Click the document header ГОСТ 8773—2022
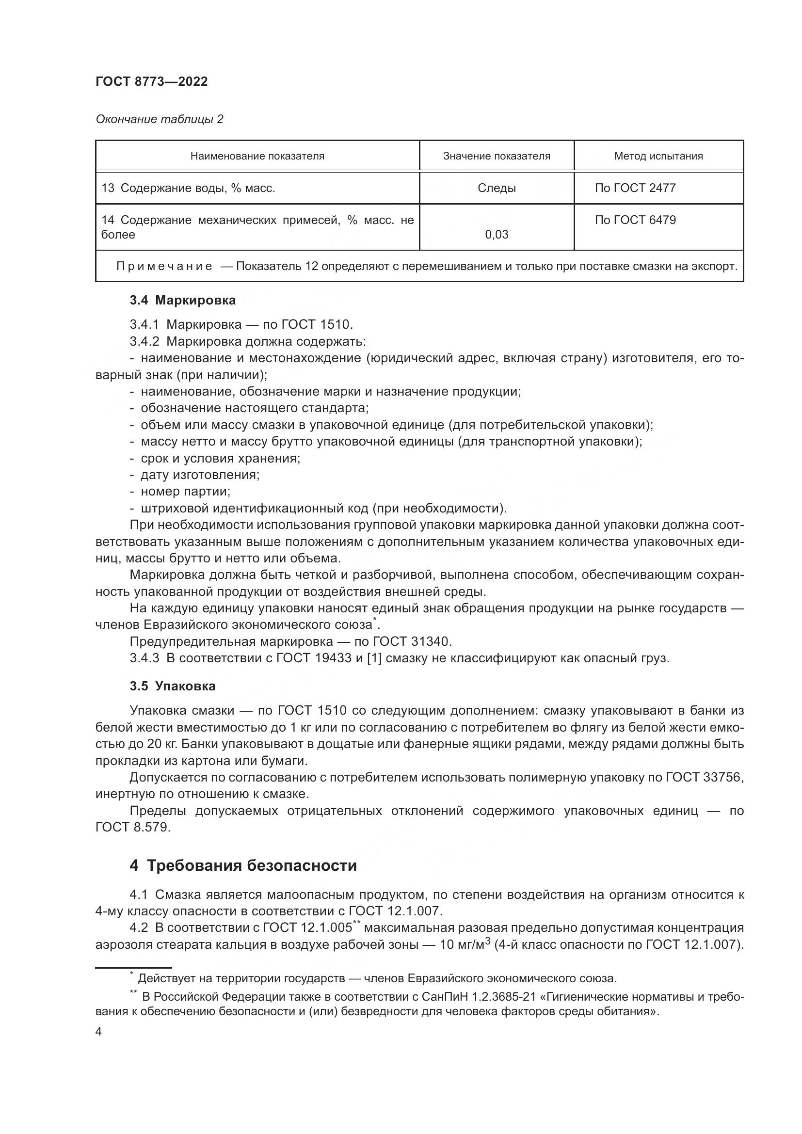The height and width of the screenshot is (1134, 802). [151, 82]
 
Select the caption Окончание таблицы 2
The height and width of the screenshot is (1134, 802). [159, 119]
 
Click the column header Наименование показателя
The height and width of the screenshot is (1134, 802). [257, 156]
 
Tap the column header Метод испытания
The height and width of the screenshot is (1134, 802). [658, 156]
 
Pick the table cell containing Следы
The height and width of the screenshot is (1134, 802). [497, 188]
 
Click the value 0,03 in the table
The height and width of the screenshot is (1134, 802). [497, 235]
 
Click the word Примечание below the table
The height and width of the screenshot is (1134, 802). [164, 267]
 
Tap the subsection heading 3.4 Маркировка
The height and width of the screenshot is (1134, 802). [182, 300]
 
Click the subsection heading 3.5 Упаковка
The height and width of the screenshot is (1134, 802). [172, 686]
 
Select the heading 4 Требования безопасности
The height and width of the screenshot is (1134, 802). [243, 866]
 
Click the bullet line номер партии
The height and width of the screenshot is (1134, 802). [185, 492]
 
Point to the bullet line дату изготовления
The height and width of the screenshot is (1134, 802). [199, 475]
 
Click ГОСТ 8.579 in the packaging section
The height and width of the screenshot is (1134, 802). [132, 827]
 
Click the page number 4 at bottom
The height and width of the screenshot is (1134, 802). [98, 1032]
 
